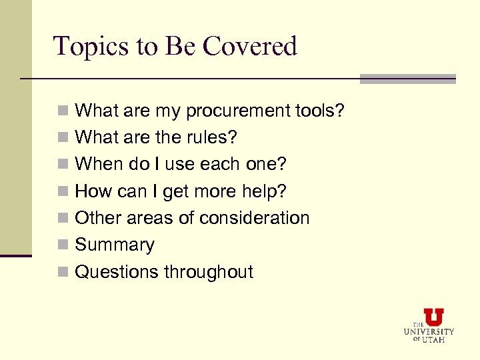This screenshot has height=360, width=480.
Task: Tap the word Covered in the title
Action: pyautogui.click(x=250, y=47)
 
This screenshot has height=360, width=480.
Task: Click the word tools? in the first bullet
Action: pyautogui.click(x=321, y=111)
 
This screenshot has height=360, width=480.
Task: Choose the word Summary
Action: pyautogui.click(x=115, y=245)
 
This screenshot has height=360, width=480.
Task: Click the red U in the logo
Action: pyautogui.click(x=433, y=317)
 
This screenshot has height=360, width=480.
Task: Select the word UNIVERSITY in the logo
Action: pyautogui.click(x=429, y=331)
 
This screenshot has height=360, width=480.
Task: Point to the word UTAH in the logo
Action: pyautogui.click(x=433, y=339)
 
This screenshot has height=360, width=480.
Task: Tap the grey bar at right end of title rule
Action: pyautogui.click(x=407, y=79)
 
